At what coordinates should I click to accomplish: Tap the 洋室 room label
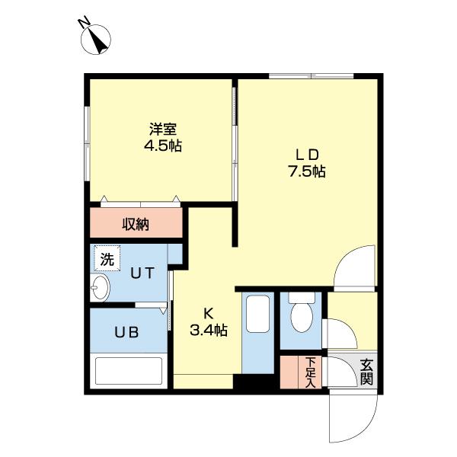tap(163, 129)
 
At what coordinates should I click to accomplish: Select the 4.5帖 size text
tap(163, 145)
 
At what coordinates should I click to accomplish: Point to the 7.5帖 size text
tap(306, 172)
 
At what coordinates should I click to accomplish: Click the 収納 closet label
tap(136, 224)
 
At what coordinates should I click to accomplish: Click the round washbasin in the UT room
tap(101, 288)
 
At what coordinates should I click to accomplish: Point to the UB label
tap(126, 332)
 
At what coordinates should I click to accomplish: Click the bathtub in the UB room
tap(127, 372)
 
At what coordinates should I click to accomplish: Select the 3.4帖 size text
tap(208, 330)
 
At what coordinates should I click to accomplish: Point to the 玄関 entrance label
tap(366, 371)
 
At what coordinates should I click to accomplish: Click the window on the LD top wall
tap(312, 75)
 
